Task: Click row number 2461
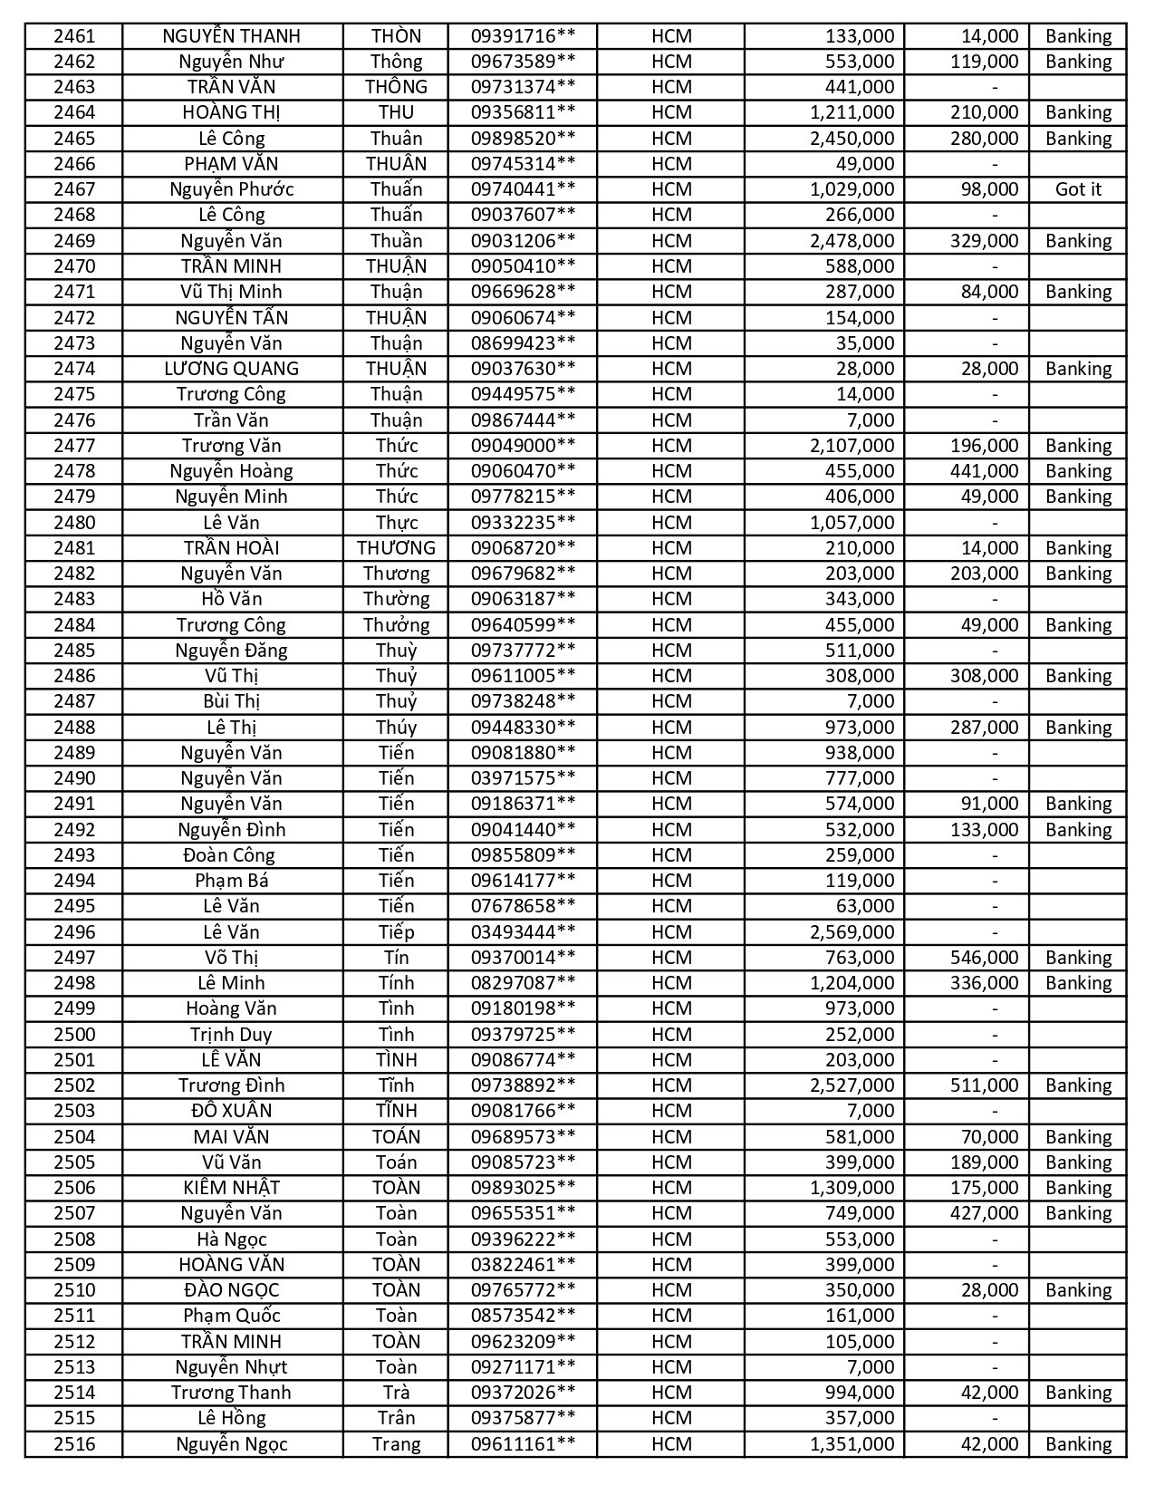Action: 73,36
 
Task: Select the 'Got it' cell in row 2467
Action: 1078,189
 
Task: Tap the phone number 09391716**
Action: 523,36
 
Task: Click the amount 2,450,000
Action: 852,139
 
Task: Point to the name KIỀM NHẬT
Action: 231,1188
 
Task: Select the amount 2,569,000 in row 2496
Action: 852,932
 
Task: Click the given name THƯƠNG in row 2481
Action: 396,548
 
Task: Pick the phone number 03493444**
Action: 523,932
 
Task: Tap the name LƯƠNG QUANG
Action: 231,369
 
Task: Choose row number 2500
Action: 73,1035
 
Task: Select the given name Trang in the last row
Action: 396,1444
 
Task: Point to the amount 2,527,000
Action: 852,1085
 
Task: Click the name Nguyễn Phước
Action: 231,189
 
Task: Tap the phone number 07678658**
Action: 523,906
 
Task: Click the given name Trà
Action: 396,1393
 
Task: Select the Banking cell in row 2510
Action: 1078,1290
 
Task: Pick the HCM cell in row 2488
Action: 671,728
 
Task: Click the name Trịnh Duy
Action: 231,1035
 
